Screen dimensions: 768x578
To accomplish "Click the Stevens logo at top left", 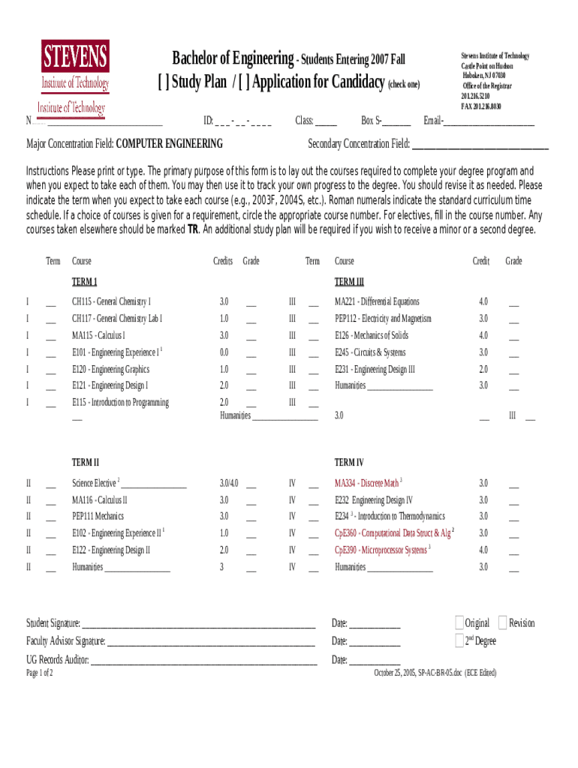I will coord(74,67).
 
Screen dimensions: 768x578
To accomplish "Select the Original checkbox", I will coord(459,622).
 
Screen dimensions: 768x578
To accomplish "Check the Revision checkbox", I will coord(502,622).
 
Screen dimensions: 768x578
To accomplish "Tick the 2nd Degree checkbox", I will coord(459,640).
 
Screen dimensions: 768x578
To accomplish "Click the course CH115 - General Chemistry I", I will coord(111,301).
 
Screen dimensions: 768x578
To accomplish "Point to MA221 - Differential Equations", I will coord(377,301).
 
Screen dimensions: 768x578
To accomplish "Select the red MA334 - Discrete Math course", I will coord(367,483).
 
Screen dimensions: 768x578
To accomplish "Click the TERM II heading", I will coord(86,463).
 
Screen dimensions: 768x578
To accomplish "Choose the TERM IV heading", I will coord(349,463).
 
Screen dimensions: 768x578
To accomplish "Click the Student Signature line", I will coord(198,624).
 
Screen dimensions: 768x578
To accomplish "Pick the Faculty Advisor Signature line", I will coord(210,642).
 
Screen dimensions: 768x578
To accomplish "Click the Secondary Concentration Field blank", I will coord(480,145).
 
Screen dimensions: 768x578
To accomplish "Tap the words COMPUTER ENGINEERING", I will coord(169,144).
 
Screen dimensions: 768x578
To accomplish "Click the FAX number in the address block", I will coord(481,106).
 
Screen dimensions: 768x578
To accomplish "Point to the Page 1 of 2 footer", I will coord(40,673).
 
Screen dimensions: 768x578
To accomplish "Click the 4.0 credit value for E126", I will coord(483,335).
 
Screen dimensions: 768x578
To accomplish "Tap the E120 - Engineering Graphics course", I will coord(110,369).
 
